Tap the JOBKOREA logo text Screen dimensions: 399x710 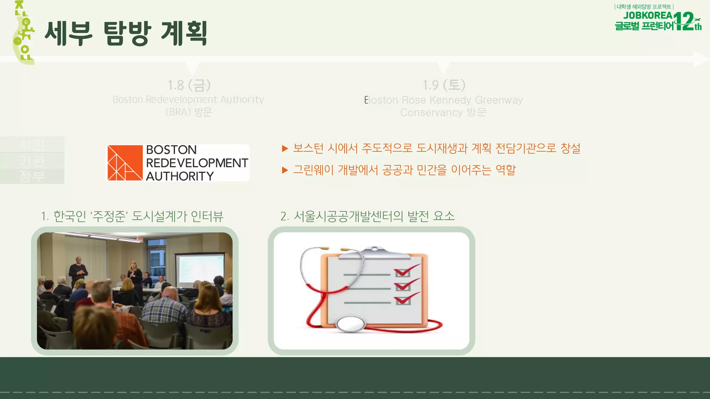[x=648, y=16]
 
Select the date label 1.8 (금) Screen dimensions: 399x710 [x=189, y=85]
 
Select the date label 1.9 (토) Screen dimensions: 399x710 [x=444, y=85]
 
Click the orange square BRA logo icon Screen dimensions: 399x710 [x=125, y=163]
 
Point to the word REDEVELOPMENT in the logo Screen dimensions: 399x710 [x=197, y=163]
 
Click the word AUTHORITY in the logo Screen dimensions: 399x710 [x=180, y=176]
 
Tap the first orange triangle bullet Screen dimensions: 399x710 [x=285, y=149]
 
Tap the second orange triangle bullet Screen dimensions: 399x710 [x=285, y=170]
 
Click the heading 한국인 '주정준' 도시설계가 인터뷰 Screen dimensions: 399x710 [x=132, y=216]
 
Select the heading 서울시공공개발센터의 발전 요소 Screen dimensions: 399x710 [x=367, y=216]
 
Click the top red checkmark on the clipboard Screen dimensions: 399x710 [x=406, y=271]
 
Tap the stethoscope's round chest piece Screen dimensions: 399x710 [x=350, y=324]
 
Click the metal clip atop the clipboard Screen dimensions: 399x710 [x=374, y=253]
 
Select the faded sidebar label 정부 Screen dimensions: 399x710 [x=32, y=176]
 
